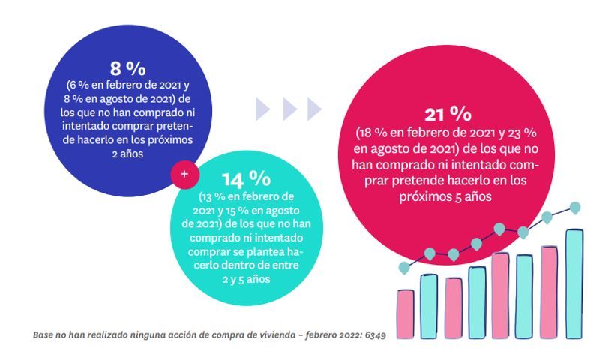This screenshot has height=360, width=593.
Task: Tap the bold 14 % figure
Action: tap(246, 178)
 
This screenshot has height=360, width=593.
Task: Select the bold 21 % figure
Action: tap(448, 114)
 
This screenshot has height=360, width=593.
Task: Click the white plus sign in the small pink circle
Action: tap(184, 174)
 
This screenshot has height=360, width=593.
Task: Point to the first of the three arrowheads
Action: tap(262, 109)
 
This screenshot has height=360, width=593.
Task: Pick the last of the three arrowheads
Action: tap(313, 109)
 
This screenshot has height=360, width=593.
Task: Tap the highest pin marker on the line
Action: tap(575, 207)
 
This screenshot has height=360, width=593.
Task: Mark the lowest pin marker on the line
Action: tap(405, 267)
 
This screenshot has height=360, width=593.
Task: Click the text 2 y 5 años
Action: tap(246, 278)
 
